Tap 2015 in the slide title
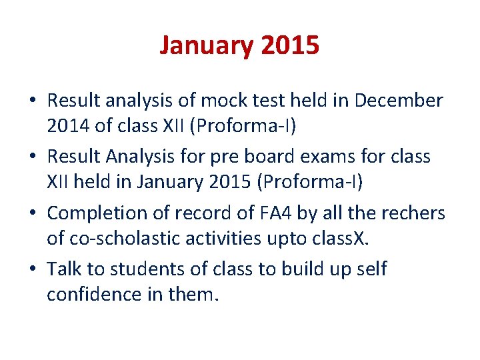(291, 46)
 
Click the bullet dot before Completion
(33, 213)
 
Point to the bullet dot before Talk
(33, 269)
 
